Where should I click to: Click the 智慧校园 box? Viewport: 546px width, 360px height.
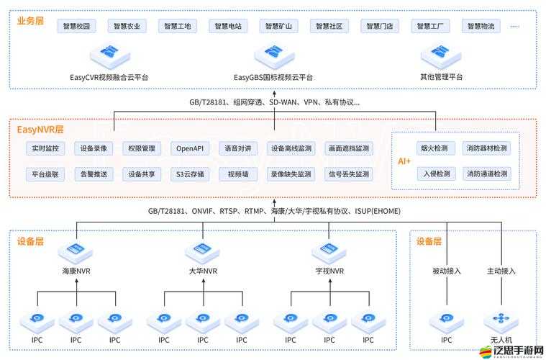pos(77,27)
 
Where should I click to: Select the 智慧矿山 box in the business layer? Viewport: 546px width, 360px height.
pos(279,27)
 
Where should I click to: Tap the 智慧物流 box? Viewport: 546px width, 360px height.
pos(481,27)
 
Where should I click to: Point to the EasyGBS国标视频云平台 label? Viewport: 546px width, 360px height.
pos(273,77)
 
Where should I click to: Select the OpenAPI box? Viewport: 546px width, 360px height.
pos(190,149)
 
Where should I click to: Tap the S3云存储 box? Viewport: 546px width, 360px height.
pos(190,174)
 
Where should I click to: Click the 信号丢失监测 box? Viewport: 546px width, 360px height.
pos(348,174)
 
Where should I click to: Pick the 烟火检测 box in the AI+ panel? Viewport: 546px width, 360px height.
pos(434,149)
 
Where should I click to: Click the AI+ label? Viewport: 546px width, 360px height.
pos(404,161)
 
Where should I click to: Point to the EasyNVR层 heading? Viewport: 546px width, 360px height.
pos(40,130)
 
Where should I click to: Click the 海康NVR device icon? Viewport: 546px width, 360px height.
pos(76,251)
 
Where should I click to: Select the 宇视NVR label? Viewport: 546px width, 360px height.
pos(329,271)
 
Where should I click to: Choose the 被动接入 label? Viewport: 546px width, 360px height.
pos(447,271)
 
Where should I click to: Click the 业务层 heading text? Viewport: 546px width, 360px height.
pos(30,21)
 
